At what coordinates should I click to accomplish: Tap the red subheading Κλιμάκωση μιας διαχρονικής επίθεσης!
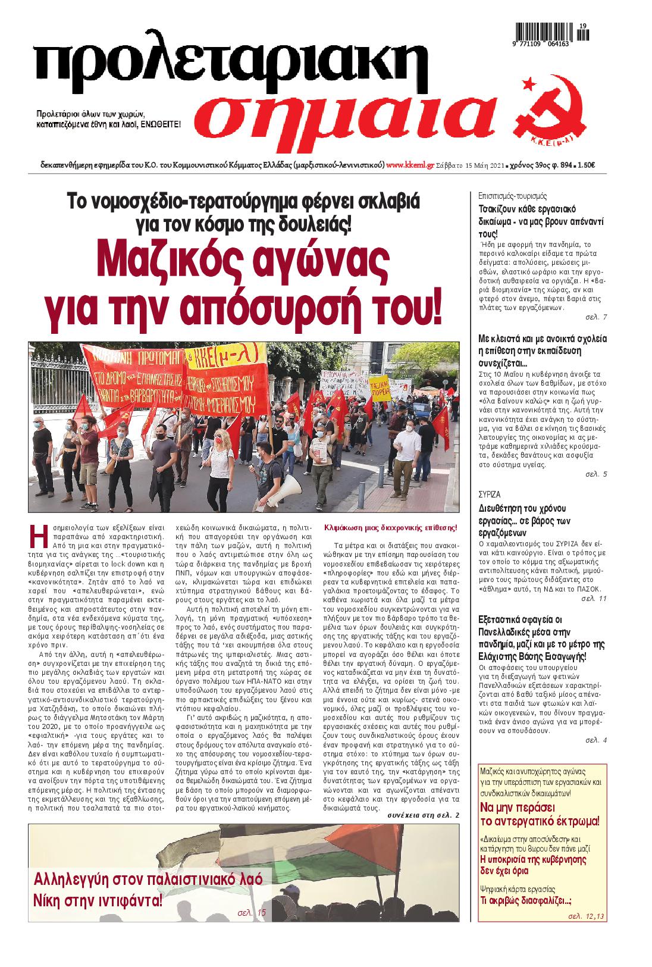coord(390,527)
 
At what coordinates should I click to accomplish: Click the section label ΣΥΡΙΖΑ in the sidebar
coord(490,494)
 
